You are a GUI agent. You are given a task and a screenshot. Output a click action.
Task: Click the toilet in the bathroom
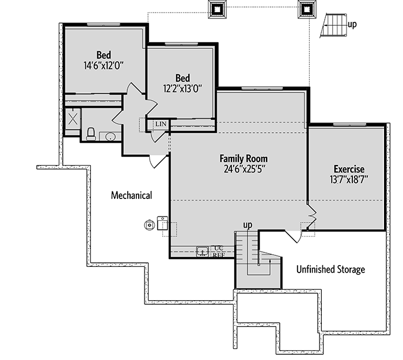pyautogui.click(x=90, y=135)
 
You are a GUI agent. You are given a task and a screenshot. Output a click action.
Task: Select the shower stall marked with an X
pyautogui.click(x=73, y=120)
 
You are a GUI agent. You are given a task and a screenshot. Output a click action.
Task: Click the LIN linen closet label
pyautogui.click(x=159, y=124)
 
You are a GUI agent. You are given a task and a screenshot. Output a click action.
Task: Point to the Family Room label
pyautogui.click(x=244, y=158)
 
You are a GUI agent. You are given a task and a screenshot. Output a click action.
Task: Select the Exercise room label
pyautogui.click(x=349, y=169)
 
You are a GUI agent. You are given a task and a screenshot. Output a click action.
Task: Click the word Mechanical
pyautogui.click(x=131, y=196)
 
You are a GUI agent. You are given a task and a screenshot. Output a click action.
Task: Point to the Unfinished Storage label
pyautogui.click(x=330, y=269)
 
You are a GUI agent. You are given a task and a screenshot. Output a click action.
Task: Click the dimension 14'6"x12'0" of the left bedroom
pyautogui.click(x=103, y=66)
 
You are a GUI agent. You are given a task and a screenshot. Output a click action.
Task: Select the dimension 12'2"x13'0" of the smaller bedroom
pyautogui.click(x=183, y=89)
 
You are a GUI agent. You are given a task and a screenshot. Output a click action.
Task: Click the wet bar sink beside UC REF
pyautogui.click(x=203, y=251)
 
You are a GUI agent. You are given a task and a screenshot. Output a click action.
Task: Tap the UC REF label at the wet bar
pyautogui.click(x=218, y=251)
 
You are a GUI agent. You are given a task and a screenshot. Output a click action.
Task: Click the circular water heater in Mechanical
pyautogui.click(x=150, y=225)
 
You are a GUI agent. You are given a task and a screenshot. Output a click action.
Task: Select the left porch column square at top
pyautogui.click(x=218, y=9)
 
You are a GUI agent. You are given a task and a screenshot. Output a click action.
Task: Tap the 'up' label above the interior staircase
pyautogui.click(x=248, y=224)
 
